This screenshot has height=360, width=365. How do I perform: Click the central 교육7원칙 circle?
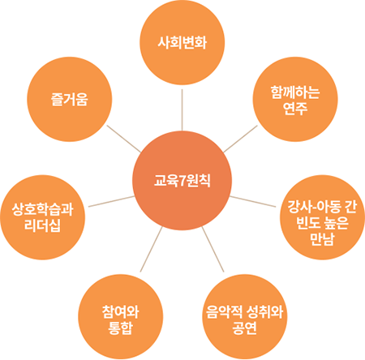[182, 181]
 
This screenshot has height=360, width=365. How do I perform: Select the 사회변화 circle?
[182, 42]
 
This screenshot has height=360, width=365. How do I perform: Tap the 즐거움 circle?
[70, 99]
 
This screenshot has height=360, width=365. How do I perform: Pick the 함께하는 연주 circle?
[295, 99]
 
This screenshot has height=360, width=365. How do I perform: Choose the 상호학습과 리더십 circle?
[42, 217]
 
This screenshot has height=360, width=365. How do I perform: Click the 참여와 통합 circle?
[121, 317]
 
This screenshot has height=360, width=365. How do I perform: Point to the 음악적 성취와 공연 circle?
[245, 317]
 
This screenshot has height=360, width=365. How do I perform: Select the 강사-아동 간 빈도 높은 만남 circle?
[322, 217]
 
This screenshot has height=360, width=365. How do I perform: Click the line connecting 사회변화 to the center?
[182, 110]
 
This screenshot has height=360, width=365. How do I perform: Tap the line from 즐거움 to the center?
[124, 139]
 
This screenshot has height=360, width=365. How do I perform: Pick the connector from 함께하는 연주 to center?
[241, 139]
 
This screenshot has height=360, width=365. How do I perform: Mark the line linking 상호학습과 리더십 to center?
[111, 201]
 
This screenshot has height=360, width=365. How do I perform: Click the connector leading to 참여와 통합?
[151, 249]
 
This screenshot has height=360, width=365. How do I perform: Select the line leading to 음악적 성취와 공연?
[213, 249]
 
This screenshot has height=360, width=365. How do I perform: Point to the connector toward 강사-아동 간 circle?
[253, 201]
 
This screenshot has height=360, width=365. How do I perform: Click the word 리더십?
[42, 225]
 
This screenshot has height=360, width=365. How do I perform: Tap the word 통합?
[121, 328]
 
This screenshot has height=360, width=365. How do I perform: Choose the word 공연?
[244, 328]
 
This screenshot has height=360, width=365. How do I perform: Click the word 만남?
[322, 238]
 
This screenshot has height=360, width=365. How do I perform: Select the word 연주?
[295, 108]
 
